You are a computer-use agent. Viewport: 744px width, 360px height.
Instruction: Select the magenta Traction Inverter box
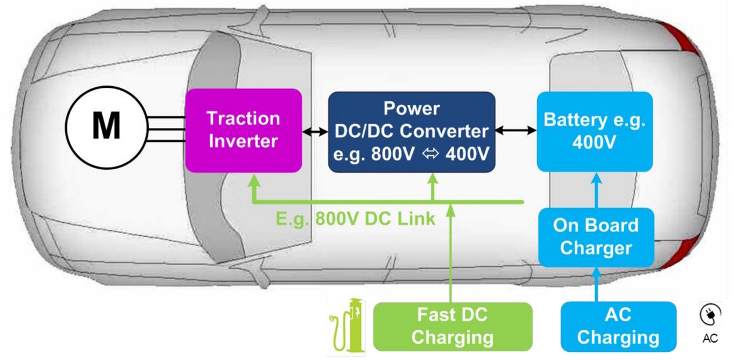tap(244, 130)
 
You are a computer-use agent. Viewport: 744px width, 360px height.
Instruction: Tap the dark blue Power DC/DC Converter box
tap(412, 131)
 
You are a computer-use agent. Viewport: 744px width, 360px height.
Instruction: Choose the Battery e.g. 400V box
tap(595, 131)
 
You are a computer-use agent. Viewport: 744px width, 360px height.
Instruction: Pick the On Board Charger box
tap(596, 237)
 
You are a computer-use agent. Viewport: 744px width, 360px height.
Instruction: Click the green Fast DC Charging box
tap(452, 326)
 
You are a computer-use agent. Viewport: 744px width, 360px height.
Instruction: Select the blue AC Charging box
tap(618, 326)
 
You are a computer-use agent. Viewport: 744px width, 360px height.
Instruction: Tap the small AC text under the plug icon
tap(710, 338)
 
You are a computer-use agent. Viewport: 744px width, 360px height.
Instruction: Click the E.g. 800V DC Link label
tap(355, 219)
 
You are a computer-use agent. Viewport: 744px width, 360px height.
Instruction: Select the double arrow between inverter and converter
tap(315, 132)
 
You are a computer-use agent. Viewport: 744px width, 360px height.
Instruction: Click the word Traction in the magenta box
tap(244, 119)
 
